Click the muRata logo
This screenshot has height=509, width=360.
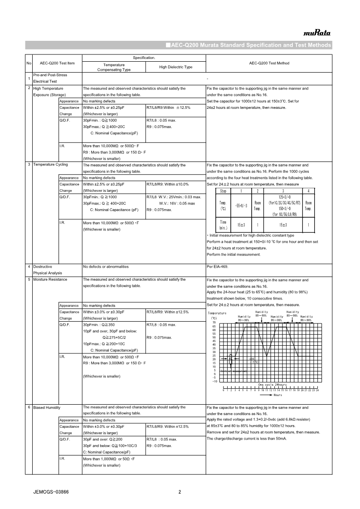(x=317, y=33)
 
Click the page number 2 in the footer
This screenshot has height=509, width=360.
(x=180, y=492)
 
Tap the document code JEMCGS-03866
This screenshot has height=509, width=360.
(x=51, y=492)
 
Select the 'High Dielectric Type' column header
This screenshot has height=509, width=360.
(x=175, y=67)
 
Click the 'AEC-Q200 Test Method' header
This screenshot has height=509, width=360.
(x=269, y=64)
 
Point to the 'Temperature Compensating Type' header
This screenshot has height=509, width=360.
(x=114, y=68)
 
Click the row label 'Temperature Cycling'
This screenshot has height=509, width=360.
(x=51, y=165)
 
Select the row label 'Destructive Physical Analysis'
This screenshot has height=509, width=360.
(x=48, y=269)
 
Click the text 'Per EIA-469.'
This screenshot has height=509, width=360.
(x=217, y=267)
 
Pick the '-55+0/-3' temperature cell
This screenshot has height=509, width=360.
(x=240, y=206)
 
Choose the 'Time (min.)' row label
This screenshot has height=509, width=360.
(x=223, y=225)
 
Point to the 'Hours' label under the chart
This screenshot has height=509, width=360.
(x=277, y=395)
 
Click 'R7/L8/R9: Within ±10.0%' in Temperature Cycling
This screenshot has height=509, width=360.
(x=167, y=184)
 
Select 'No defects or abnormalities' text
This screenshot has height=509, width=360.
(x=106, y=267)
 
